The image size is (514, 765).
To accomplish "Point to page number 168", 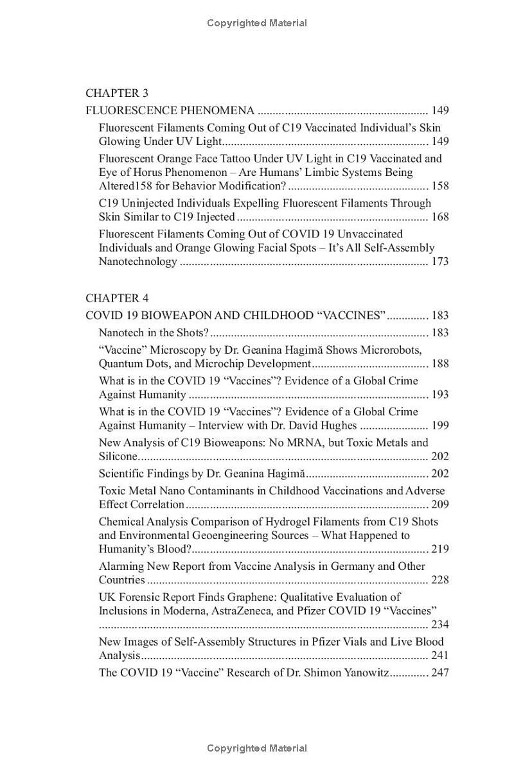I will (439, 217).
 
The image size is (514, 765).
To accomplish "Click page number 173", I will (439, 262).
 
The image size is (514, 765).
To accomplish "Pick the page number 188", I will (439, 364).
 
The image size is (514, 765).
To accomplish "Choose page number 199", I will (439, 425).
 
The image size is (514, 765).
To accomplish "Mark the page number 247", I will (439, 673).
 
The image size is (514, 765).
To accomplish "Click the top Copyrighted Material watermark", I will (257, 23).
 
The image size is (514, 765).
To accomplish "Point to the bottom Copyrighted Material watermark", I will (257, 748).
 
